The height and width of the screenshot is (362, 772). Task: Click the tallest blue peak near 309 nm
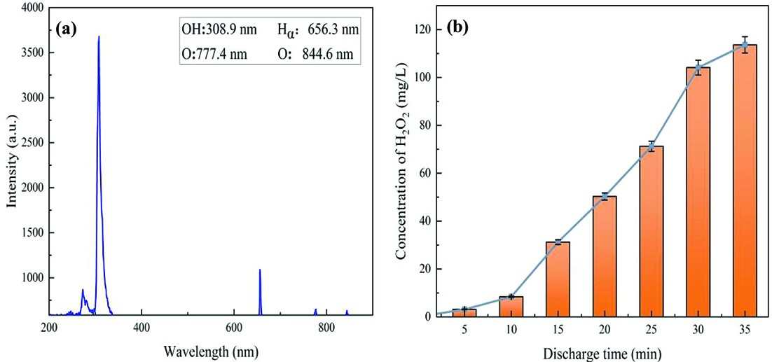pos(99,39)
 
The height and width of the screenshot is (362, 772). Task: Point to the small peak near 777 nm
pos(315,310)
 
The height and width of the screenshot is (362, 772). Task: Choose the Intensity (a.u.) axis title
pos(12,161)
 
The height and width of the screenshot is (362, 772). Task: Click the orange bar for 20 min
pos(605,256)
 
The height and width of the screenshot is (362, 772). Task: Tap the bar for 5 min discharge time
pos(464,312)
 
